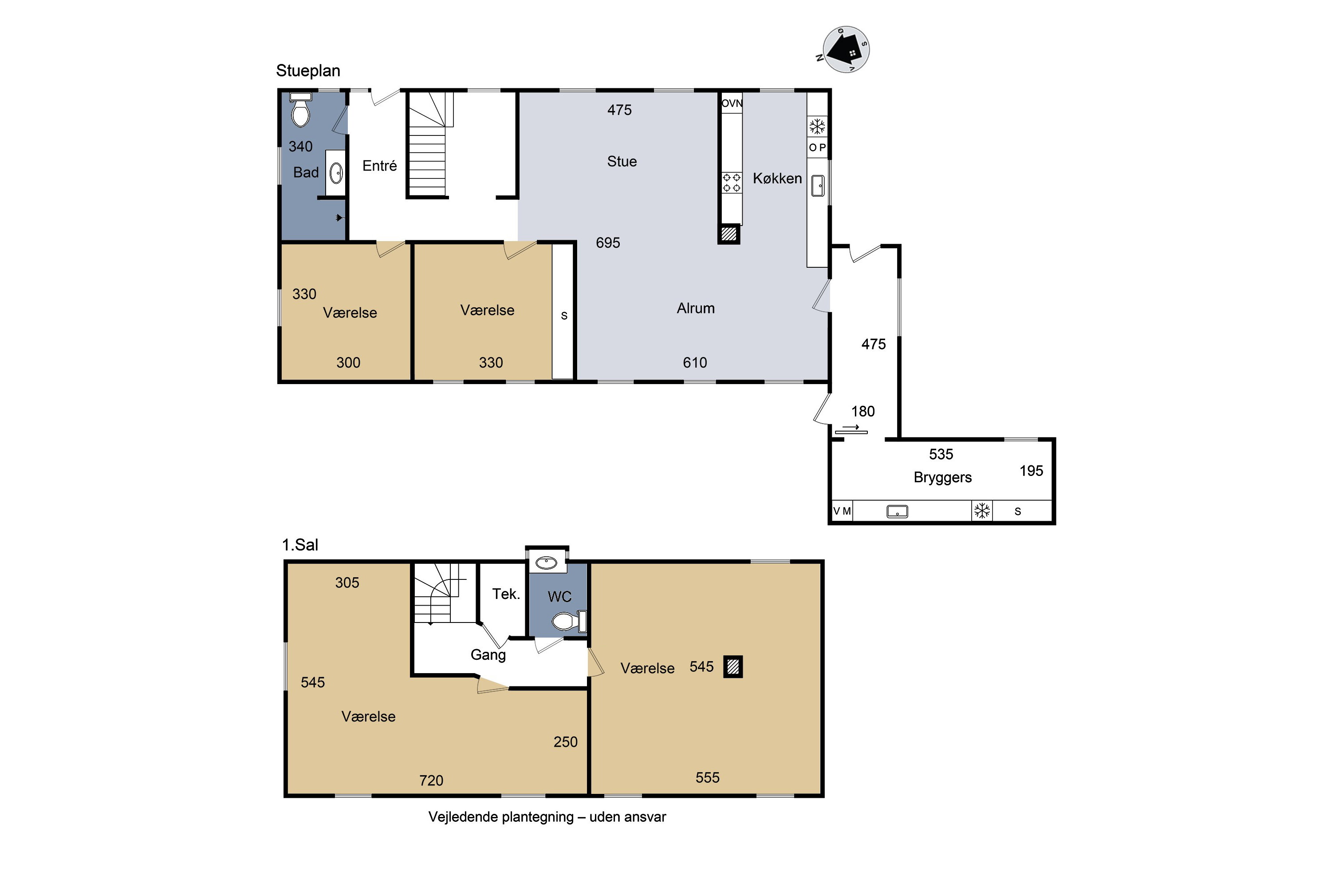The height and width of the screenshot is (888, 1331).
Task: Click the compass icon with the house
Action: (846, 50)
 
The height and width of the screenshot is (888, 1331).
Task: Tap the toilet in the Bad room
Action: (300, 111)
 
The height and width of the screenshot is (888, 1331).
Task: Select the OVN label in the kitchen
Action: (732, 103)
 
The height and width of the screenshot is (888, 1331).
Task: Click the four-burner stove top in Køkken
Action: (732, 183)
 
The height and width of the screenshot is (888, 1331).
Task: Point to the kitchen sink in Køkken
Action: (818, 186)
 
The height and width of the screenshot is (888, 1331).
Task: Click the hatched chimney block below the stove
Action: (729, 234)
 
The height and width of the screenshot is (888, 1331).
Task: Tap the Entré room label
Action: (379, 166)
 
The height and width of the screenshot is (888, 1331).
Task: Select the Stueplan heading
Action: (308, 71)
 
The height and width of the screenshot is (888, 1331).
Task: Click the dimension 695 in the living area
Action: (608, 243)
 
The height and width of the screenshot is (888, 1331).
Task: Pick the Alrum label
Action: (696, 308)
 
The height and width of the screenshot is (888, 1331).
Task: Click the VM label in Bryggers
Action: (842, 511)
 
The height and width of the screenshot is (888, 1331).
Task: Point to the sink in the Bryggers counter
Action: (897, 511)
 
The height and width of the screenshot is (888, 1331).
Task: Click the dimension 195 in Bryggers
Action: (1031, 471)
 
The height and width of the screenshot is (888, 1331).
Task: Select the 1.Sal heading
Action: (300, 545)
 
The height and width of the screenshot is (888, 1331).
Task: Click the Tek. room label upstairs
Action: (506, 594)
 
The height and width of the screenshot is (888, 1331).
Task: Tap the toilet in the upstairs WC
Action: (569, 621)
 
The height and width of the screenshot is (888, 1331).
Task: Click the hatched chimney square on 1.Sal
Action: (733, 666)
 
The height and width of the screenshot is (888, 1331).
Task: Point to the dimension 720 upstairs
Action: (431, 781)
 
